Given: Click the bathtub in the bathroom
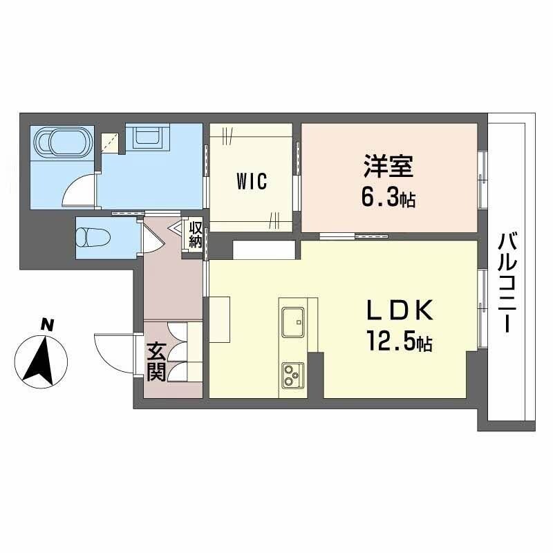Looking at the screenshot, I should click(x=63, y=144).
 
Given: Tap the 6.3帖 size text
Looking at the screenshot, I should click(x=387, y=199).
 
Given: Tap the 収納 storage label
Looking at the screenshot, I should click(x=196, y=234).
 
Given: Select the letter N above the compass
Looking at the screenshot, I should click(x=46, y=324).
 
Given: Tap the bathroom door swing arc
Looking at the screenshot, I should click(x=79, y=191).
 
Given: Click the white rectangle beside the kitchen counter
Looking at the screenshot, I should click(x=220, y=319).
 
